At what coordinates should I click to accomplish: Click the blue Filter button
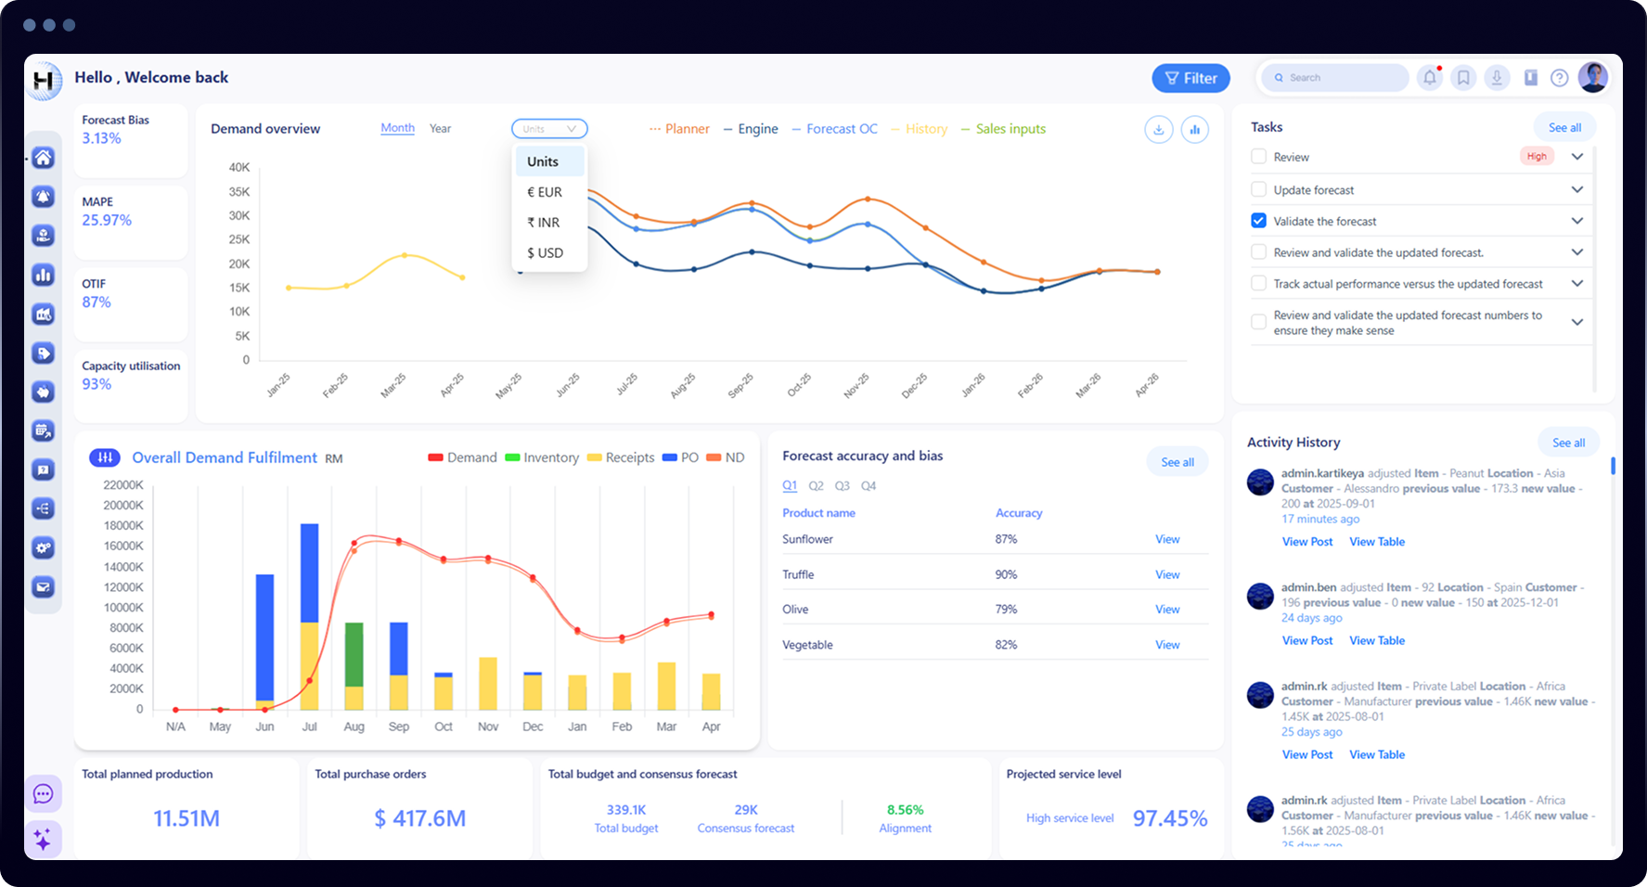[1190, 79]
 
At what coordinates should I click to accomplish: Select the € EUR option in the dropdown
[545, 192]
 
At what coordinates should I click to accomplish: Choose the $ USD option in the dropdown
[545, 252]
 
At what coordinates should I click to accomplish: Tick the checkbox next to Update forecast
[1258, 189]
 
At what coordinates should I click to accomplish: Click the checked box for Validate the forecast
[1258, 221]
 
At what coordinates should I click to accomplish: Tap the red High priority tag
[1537, 157]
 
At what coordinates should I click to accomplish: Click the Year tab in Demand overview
[440, 129]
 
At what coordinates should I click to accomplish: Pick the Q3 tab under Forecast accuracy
[842, 485]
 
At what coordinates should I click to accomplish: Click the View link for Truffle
[1166, 574]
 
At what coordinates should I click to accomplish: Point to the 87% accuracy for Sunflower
[1006, 539]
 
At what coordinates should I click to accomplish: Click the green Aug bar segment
[354, 654]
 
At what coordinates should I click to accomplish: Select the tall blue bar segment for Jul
[309, 572]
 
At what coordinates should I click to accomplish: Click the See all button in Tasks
[1564, 128]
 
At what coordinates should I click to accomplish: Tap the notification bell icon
[1430, 78]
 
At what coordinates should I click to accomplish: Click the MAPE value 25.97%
[107, 220]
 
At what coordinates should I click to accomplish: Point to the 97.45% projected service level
[1169, 818]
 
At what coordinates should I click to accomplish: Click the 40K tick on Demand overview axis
[239, 168]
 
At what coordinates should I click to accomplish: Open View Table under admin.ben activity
[1376, 640]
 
